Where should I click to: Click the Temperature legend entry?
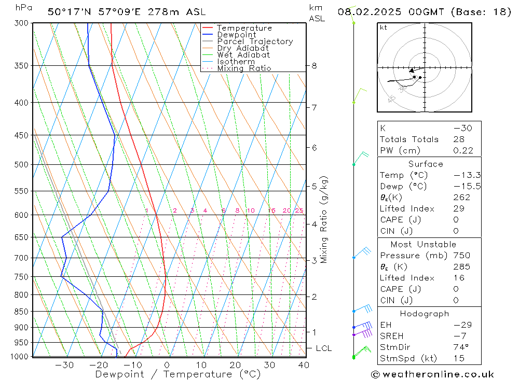[x=244, y=29]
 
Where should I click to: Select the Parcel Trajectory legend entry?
[x=255, y=41]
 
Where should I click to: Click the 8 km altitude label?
[x=315, y=66]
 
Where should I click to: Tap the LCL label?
[x=323, y=348]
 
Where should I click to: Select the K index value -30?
[x=462, y=128]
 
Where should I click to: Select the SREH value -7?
[x=463, y=336]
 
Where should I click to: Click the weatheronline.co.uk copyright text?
[x=432, y=374]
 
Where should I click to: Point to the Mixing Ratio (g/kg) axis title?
[x=324, y=219]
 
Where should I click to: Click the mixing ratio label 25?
[x=299, y=210]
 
